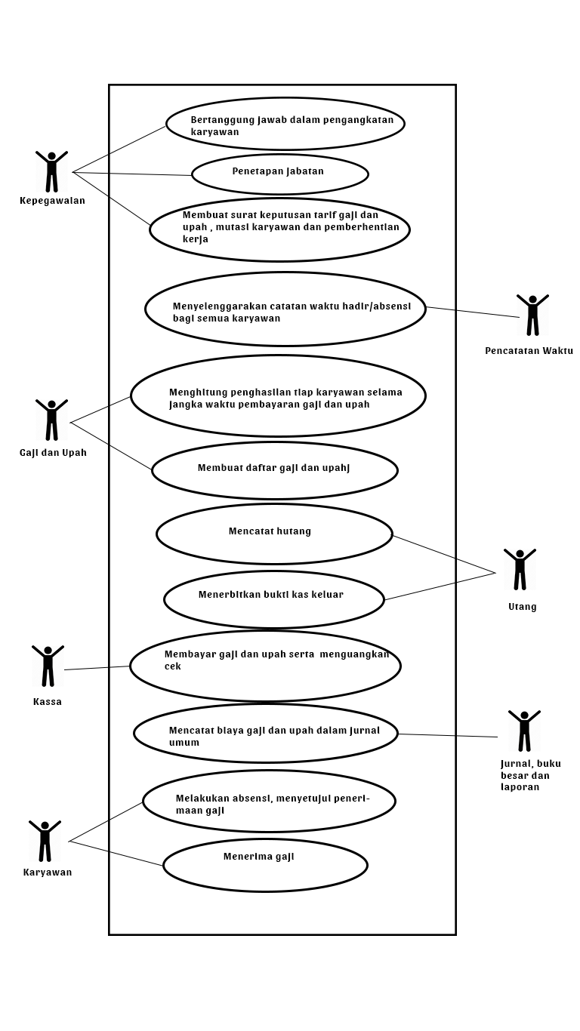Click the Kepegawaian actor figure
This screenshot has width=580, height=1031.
pyautogui.click(x=51, y=171)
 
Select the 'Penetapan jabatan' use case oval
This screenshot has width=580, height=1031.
pyautogui.click(x=279, y=174)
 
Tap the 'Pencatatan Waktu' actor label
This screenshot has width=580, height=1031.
pyautogui.click(x=529, y=351)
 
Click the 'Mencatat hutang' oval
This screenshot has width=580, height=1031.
pyautogui.click(x=274, y=534)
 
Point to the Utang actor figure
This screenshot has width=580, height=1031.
pyautogui.click(x=520, y=569)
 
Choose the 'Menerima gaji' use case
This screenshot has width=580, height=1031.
pyautogui.click(x=265, y=865)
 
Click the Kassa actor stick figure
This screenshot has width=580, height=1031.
pyautogui.click(x=48, y=666)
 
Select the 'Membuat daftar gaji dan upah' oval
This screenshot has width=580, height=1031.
pyautogui.click(x=274, y=470)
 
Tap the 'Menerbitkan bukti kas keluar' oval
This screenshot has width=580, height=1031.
pyautogui.click(x=273, y=599)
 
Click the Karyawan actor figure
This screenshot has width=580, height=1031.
pyautogui.click(x=45, y=841)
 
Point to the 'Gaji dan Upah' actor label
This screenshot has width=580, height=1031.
pyautogui.click(x=53, y=453)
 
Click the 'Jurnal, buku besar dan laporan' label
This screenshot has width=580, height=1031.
pyautogui.click(x=530, y=775)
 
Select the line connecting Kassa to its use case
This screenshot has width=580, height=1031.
pyautogui.click(x=97, y=668)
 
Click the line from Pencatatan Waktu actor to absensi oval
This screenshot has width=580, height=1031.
pyautogui.click(x=473, y=312)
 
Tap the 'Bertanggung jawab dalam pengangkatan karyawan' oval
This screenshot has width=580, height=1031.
pyautogui.click(x=285, y=124)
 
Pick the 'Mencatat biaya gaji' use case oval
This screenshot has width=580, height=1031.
pyautogui.click(x=265, y=733)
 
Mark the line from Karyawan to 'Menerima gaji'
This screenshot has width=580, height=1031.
pyautogui.click(x=116, y=853)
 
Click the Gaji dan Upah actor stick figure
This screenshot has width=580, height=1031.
pyautogui.click(x=51, y=420)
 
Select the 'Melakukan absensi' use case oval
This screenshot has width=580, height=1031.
pyautogui.click(x=269, y=801)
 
